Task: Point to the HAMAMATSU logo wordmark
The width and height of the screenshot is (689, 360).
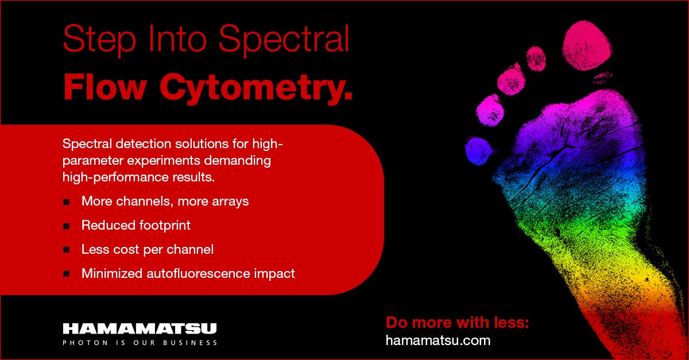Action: pos(140,329)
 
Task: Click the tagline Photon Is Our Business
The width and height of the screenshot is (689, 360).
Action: pos(140,343)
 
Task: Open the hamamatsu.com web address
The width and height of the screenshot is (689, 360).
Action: pos(438,340)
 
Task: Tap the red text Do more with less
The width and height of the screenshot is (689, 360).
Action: pos(457,322)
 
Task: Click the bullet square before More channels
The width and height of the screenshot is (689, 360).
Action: pos(67,202)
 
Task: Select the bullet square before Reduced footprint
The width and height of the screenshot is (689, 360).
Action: pos(67,226)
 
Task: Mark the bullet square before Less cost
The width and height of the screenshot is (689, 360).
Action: pos(67,250)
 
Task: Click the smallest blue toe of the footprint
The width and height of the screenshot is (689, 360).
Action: pos(478,149)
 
